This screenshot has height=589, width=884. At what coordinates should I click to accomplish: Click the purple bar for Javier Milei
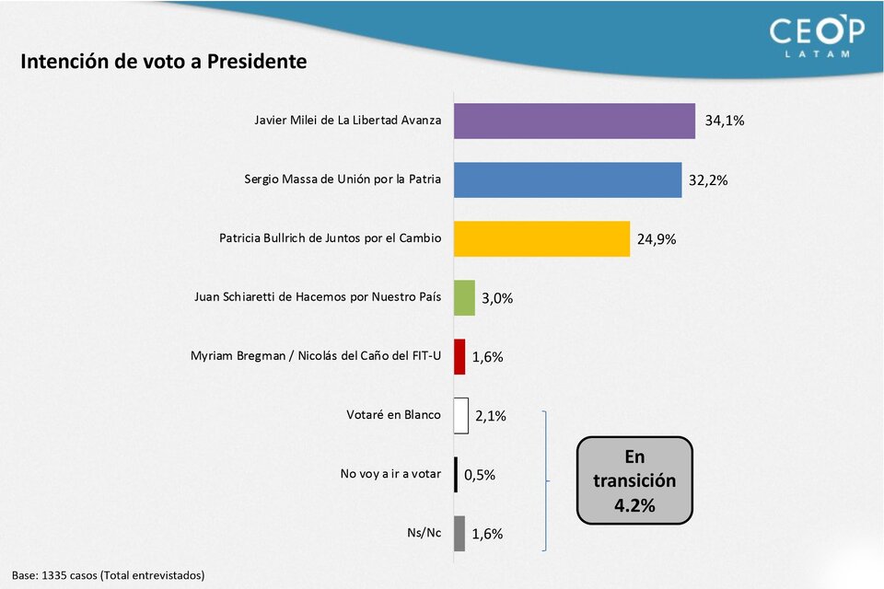[x=574, y=121]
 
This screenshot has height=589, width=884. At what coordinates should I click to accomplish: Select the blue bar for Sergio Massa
[x=567, y=179]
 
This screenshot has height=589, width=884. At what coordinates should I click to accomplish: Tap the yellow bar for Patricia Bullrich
[x=541, y=238]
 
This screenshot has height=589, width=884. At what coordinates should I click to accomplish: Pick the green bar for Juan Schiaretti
[x=464, y=297]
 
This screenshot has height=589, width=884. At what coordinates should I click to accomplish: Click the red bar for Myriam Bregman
[x=459, y=356]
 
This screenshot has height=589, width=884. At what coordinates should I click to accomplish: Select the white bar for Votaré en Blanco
[x=460, y=415]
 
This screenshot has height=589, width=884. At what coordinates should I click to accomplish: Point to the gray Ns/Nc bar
[x=459, y=534]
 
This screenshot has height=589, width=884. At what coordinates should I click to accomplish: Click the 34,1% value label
[x=725, y=121]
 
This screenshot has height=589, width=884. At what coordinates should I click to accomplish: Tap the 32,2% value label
[x=708, y=180]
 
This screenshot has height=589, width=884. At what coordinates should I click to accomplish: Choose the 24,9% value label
[x=657, y=239]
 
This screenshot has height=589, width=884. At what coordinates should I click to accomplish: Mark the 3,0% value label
[x=497, y=298]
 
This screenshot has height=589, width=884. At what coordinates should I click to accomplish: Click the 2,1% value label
[x=491, y=416]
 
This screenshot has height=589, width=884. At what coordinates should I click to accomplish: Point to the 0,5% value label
[x=480, y=475]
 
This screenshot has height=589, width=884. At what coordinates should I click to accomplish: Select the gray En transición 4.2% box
[x=634, y=480]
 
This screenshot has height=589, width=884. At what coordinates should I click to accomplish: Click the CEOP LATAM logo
[x=817, y=36]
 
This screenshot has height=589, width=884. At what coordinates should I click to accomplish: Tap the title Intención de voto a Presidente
[x=163, y=62]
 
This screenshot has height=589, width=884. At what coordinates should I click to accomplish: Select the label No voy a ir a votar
[x=390, y=475]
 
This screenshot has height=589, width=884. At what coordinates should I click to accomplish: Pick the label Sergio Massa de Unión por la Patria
[x=342, y=179]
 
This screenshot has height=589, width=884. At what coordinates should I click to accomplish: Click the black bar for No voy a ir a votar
[x=456, y=475]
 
